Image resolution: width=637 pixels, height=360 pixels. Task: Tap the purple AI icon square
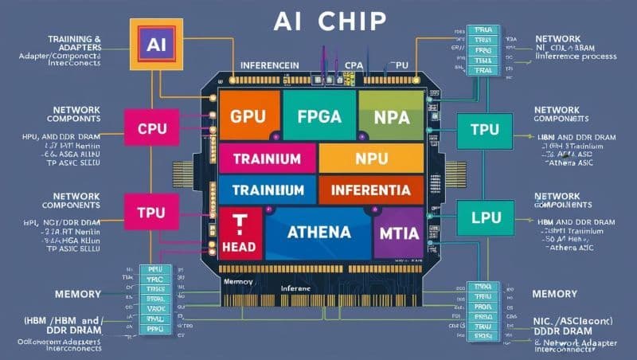[x=150, y=41]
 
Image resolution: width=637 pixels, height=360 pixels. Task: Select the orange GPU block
[x=248, y=115]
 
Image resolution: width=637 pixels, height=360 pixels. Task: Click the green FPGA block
[x=318, y=115]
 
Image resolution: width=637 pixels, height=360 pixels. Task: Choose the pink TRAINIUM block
[x=267, y=158]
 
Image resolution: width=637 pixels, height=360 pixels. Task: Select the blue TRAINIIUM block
[x=267, y=190]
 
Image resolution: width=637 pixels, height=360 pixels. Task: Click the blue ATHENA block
[x=318, y=233]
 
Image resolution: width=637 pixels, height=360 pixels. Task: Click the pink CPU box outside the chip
[x=151, y=127]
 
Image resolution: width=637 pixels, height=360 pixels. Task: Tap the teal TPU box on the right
[x=484, y=130]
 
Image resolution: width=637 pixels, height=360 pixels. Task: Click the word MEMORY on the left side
[x=77, y=295]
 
